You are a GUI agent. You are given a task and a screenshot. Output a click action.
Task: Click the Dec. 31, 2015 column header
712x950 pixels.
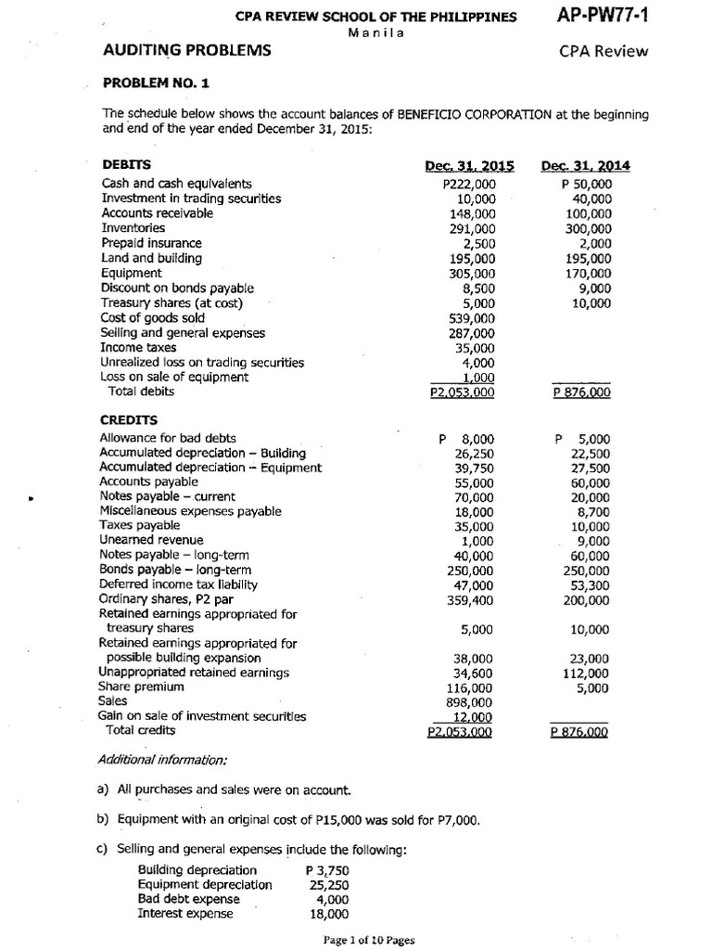(469, 167)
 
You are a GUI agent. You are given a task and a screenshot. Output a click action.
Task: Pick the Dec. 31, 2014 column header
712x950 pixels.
(585, 167)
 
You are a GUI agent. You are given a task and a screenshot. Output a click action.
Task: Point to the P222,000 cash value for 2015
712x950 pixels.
(470, 185)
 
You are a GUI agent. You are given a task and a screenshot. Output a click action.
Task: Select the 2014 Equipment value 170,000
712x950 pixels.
(588, 273)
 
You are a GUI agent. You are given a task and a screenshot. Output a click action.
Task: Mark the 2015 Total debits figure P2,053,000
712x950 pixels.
(462, 392)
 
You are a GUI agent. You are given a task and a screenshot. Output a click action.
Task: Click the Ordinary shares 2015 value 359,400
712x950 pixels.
(472, 600)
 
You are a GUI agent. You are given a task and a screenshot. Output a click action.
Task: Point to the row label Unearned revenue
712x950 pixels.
(151, 540)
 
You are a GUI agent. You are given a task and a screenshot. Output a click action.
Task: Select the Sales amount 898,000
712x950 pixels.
(472, 702)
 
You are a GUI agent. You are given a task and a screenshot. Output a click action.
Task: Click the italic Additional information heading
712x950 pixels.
(162, 761)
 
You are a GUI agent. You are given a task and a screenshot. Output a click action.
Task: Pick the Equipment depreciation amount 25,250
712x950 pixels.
(329, 884)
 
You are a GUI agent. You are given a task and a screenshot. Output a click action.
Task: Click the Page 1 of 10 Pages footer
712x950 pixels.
(369, 940)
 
